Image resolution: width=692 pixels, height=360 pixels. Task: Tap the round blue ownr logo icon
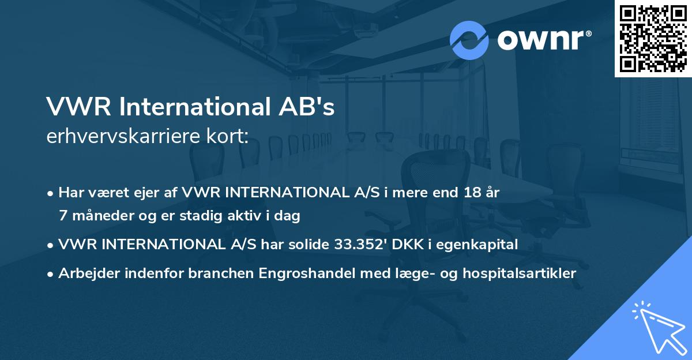(x=469, y=40)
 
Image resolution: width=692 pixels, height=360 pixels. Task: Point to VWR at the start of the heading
(x=70, y=108)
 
